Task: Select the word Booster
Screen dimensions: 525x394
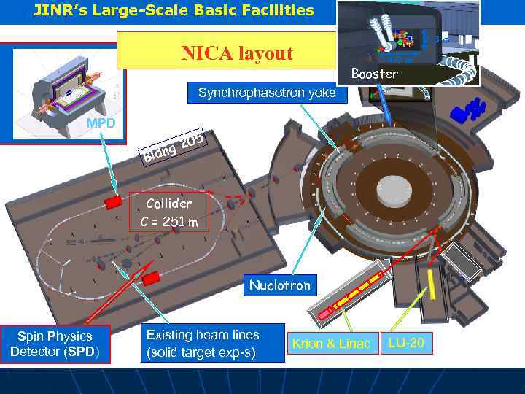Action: point(375,74)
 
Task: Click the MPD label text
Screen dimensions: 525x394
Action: point(101,123)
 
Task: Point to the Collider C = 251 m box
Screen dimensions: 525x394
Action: point(168,212)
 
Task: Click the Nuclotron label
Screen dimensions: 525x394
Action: point(280,285)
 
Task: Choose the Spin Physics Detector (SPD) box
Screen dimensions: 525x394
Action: point(55,344)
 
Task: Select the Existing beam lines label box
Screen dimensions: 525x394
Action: point(202,344)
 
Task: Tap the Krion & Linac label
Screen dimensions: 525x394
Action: point(331,343)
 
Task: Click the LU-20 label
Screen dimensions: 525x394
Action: point(406,341)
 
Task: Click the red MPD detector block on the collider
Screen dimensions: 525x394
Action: point(114,202)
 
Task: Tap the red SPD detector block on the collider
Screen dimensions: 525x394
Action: point(152,278)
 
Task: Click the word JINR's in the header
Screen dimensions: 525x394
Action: point(58,9)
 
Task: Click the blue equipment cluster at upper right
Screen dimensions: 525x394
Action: point(467,110)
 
